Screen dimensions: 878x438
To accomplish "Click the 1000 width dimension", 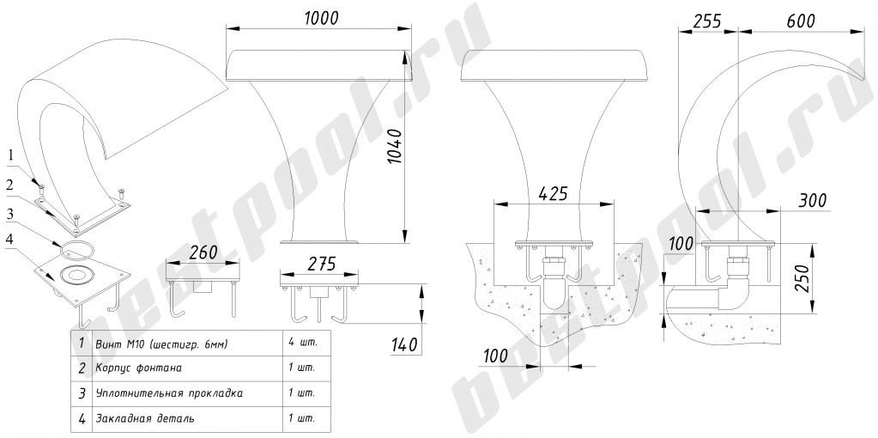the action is pos(322,19).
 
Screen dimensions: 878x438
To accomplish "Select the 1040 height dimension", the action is pos(396,147).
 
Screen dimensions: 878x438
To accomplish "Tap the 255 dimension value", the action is pos(706,21).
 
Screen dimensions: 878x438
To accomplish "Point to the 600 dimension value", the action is pos(800,21).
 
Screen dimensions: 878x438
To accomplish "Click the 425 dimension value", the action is pos(553,193).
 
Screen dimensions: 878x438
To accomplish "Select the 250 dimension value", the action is pos(804,277).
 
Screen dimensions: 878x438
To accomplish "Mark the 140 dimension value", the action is pos(404,344).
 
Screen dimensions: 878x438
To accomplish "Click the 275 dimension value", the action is pos(322,264).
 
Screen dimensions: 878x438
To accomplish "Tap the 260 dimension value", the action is pos(203,252).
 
